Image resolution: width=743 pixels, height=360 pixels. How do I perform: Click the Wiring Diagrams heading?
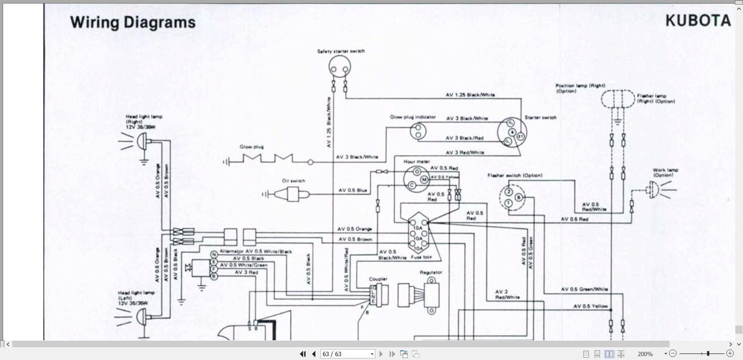pos(133,22)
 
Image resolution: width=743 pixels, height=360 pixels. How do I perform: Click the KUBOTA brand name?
pos(698,21)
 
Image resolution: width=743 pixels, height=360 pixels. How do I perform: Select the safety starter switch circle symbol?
pos(340,68)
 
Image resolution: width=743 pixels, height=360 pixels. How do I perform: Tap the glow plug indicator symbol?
pos(418,131)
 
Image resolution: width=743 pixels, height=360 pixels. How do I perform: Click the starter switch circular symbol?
pos(512,132)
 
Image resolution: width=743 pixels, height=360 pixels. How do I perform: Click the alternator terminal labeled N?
pos(214,254)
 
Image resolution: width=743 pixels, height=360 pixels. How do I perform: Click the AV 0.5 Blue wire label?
pos(353,190)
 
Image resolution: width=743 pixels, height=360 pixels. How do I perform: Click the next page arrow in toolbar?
pos(381,354)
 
